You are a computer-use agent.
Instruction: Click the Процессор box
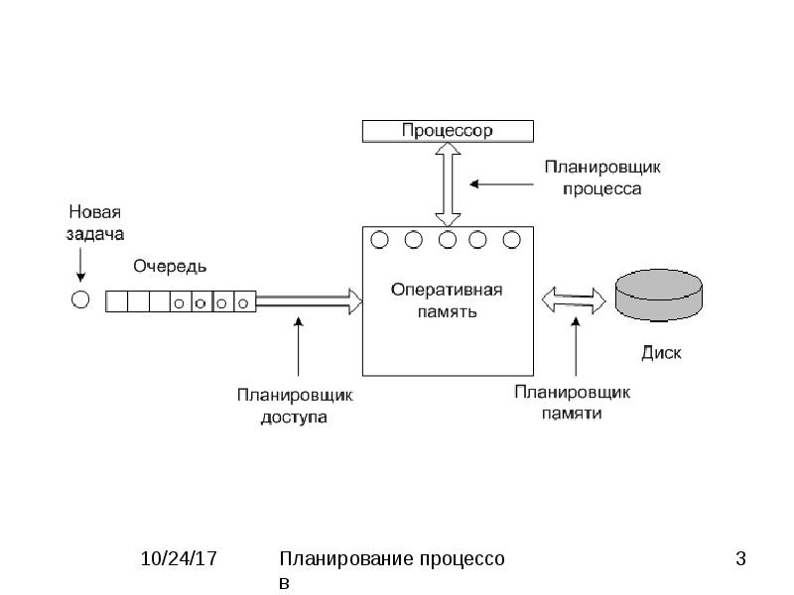tap(448, 131)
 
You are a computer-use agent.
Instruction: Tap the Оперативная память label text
tap(447, 300)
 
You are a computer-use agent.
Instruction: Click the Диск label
tap(661, 352)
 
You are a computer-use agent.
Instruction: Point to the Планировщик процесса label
tap(602, 178)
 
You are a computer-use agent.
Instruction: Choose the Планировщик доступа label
tap(295, 406)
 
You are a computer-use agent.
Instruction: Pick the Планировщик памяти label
tap(573, 403)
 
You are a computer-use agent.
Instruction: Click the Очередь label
tap(170, 266)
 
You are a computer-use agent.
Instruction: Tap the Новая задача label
tap(95, 222)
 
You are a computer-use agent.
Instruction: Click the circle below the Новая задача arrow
tap(80, 299)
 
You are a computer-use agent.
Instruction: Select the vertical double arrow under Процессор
tap(449, 184)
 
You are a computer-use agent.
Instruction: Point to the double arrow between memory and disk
tap(574, 300)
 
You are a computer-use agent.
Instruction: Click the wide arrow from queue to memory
tap(310, 301)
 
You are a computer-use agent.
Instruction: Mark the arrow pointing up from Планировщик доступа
tap(299, 346)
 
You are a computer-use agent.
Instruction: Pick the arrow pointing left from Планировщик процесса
tap(501, 184)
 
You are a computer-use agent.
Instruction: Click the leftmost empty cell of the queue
tap(116, 301)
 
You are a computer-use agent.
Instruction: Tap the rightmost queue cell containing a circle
tap(245, 301)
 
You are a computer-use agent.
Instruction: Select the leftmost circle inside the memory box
tap(380, 240)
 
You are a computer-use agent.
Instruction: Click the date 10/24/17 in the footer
tap(179, 559)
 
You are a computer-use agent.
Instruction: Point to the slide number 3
tap(740, 559)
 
